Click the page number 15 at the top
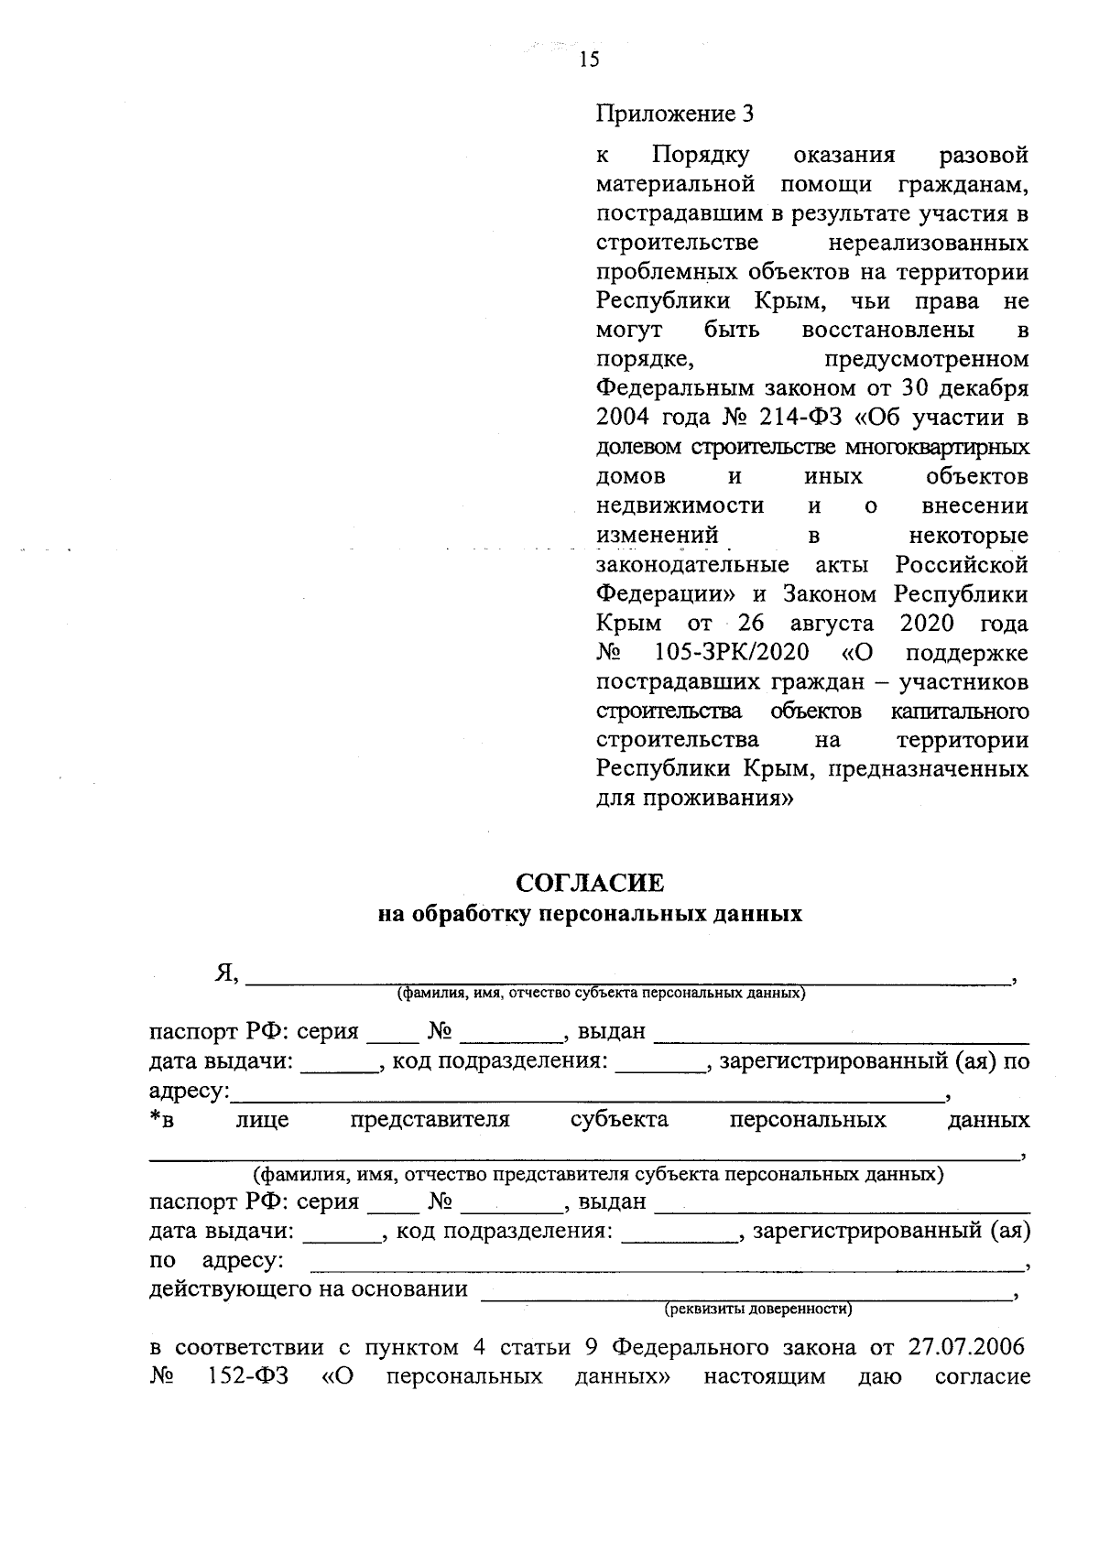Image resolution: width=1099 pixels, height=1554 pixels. (x=589, y=60)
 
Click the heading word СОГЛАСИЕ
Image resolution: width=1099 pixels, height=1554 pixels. (x=590, y=883)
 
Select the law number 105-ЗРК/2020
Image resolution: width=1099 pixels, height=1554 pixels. (x=732, y=653)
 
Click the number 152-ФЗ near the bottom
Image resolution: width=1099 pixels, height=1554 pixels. (x=243, y=1376)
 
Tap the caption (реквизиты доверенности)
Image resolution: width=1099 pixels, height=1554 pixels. (x=757, y=1309)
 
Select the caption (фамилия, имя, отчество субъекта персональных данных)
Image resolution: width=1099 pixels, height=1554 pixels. (x=600, y=993)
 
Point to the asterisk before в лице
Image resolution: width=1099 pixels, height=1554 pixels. (x=155, y=1116)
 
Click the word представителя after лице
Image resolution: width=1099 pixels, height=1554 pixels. (x=430, y=1120)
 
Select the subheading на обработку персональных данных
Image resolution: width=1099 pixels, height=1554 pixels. (x=590, y=914)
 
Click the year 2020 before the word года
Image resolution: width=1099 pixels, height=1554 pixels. (x=927, y=624)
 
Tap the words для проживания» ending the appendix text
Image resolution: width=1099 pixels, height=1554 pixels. (x=694, y=798)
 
